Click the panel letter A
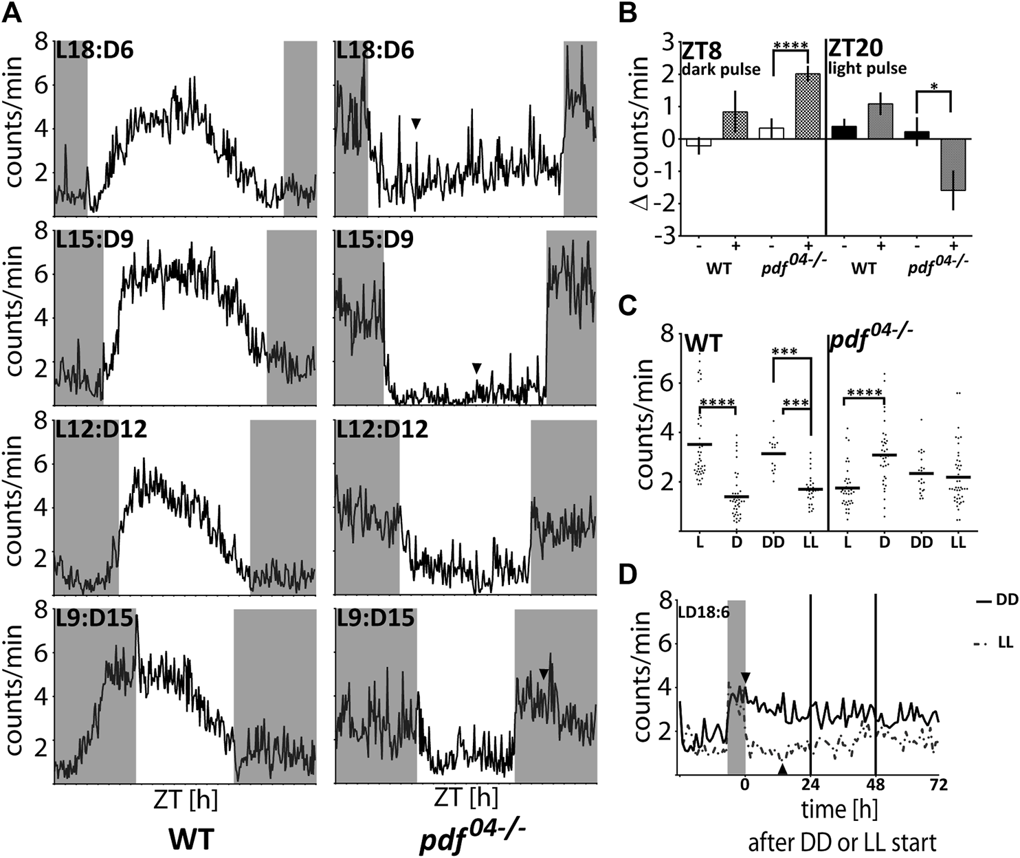tap(15, 15)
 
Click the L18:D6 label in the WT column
tap(95, 53)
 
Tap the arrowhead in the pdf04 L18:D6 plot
tap(416, 123)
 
